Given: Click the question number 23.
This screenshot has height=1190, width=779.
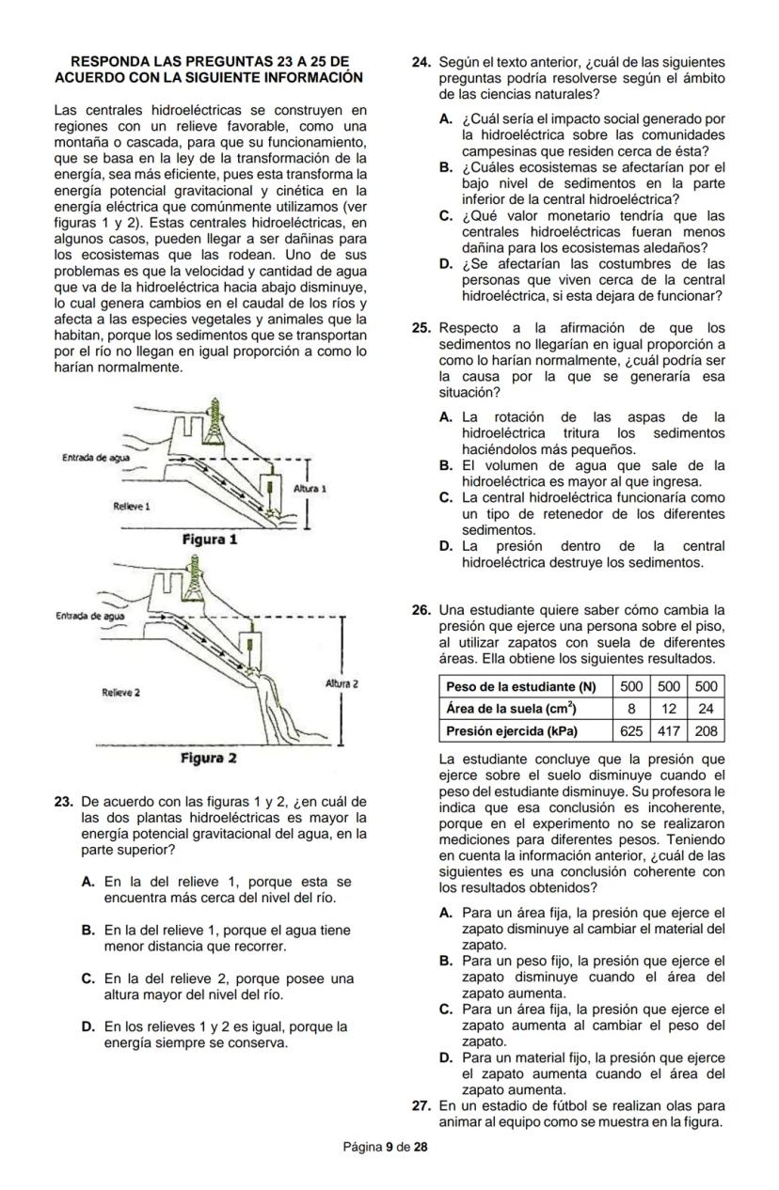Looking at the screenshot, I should tap(64, 802).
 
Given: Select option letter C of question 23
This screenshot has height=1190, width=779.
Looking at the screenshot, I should tap(87, 979).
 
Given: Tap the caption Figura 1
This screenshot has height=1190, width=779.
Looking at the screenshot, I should tap(209, 540).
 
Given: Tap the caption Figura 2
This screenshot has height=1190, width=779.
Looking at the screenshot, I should tap(209, 758).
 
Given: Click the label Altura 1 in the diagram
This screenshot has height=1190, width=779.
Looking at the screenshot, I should tap(310, 490).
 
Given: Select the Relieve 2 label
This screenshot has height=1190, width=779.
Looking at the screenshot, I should tap(121, 692).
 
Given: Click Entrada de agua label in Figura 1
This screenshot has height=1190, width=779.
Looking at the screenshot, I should tap(95, 458).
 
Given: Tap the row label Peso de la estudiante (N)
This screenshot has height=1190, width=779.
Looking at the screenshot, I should tap(521, 687).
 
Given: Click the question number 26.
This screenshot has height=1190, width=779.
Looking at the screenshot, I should tap(422, 611).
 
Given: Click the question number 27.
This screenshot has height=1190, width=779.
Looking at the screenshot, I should tap(422, 1105).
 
